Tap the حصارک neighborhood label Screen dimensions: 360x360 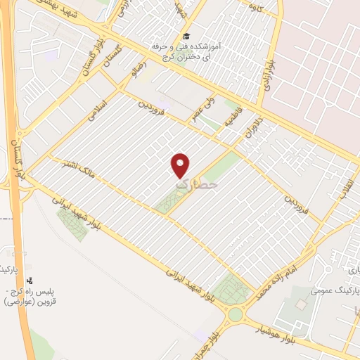pyautogui.click(x=195, y=186)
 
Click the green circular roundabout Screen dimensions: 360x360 pyautogui.click(x=235, y=314)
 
